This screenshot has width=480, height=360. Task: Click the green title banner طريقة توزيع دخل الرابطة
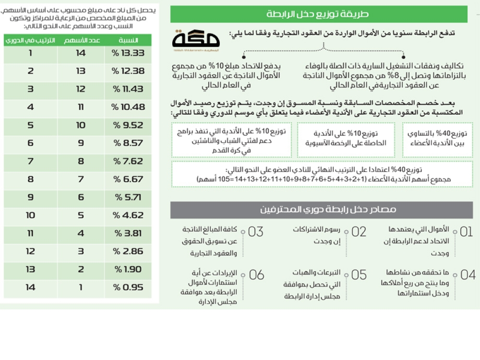(x=322, y=13)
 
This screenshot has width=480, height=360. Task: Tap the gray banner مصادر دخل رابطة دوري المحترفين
(x=322, y=210)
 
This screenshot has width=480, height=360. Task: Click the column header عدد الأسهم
(x=81, y=40)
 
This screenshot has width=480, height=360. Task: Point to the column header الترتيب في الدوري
(x=30, y=40)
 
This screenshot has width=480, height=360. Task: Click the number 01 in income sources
(x=466, y=232)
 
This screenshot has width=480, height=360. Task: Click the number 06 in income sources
(x=256, y=275)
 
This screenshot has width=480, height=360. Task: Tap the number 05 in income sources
(x=359, y=275)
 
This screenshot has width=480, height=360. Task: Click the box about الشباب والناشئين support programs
(x=231, y=140)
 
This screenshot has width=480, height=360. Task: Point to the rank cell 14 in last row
(x=30, y=288)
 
